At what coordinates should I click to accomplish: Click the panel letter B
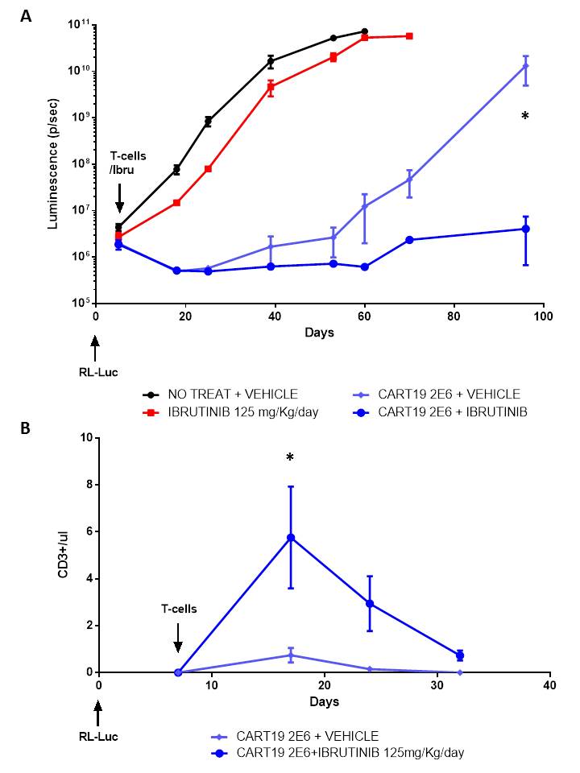click(27, 428)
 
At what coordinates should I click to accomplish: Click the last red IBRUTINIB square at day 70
click(410, 36)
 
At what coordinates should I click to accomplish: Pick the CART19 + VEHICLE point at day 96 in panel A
click(525, 66)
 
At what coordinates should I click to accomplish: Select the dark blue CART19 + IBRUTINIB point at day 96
click(525, 229)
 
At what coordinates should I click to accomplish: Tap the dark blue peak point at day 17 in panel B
click(291, 537)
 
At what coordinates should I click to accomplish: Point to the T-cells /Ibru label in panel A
click(120, 159)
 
